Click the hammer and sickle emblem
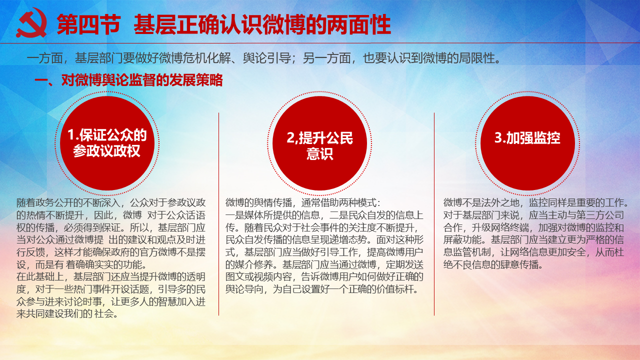click(x=32, y=23)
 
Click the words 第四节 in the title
click(x=89, y=24)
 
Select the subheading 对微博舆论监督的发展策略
click(x=142, y=80)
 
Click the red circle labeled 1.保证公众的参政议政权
click(x=107, y=143)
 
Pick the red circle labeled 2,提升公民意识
click(x=319, y=143)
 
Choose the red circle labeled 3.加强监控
click(x=527, y=143)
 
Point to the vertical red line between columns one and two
click(x=219, y=214)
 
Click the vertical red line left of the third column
click(x=434, y=214)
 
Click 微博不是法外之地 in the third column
click(x=481, y=203)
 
